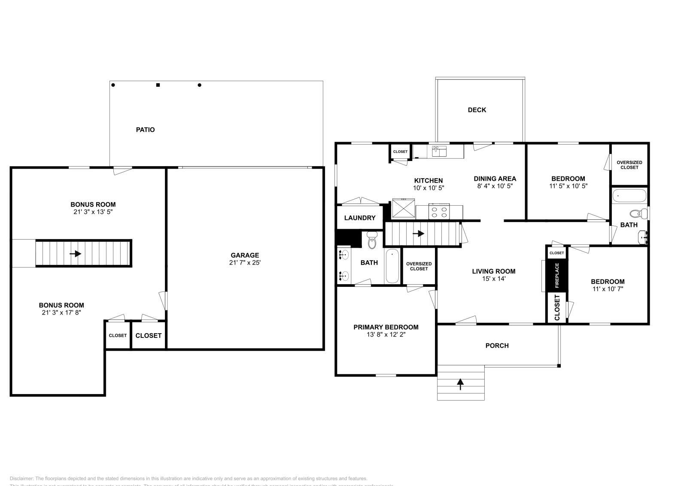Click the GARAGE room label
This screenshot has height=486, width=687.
(x=245, y=255)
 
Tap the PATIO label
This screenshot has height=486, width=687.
(x=145, y=130)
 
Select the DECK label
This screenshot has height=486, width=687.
(x=477, y=110)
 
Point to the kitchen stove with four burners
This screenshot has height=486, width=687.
(x=439, y=212)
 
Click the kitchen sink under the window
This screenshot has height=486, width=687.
(x=439, y=151)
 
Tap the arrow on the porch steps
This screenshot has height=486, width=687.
(x=461, y=384)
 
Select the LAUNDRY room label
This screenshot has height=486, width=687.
(x=360, y=218)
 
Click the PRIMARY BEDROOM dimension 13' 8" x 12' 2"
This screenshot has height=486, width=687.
(x=386, y=334)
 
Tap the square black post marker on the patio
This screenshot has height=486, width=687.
(x=158, y=85)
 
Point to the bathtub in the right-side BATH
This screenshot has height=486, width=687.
(x=629, y=196)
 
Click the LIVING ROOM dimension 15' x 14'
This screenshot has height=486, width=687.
(x=493, y=279)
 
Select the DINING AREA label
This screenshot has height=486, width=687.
(x=495, y=179)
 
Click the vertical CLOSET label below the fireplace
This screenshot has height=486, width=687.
(x=557, y=307)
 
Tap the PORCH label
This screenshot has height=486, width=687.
(x=497, y=346)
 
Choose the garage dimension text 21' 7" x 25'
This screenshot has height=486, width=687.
(x=245, y=262)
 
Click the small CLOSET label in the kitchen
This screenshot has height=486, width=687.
(x=400, y=152)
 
